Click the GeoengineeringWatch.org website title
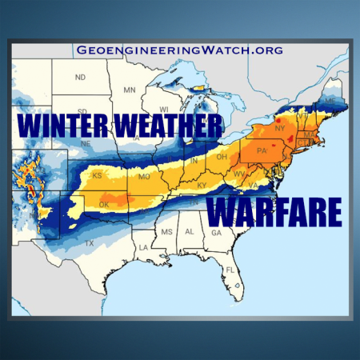[180, 50]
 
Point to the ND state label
[80, 78]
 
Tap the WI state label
[164, 109]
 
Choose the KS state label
[97, 174]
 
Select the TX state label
[90, 242]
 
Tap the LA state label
[143, 247]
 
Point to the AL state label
[190, 230]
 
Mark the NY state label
[279, 128]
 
